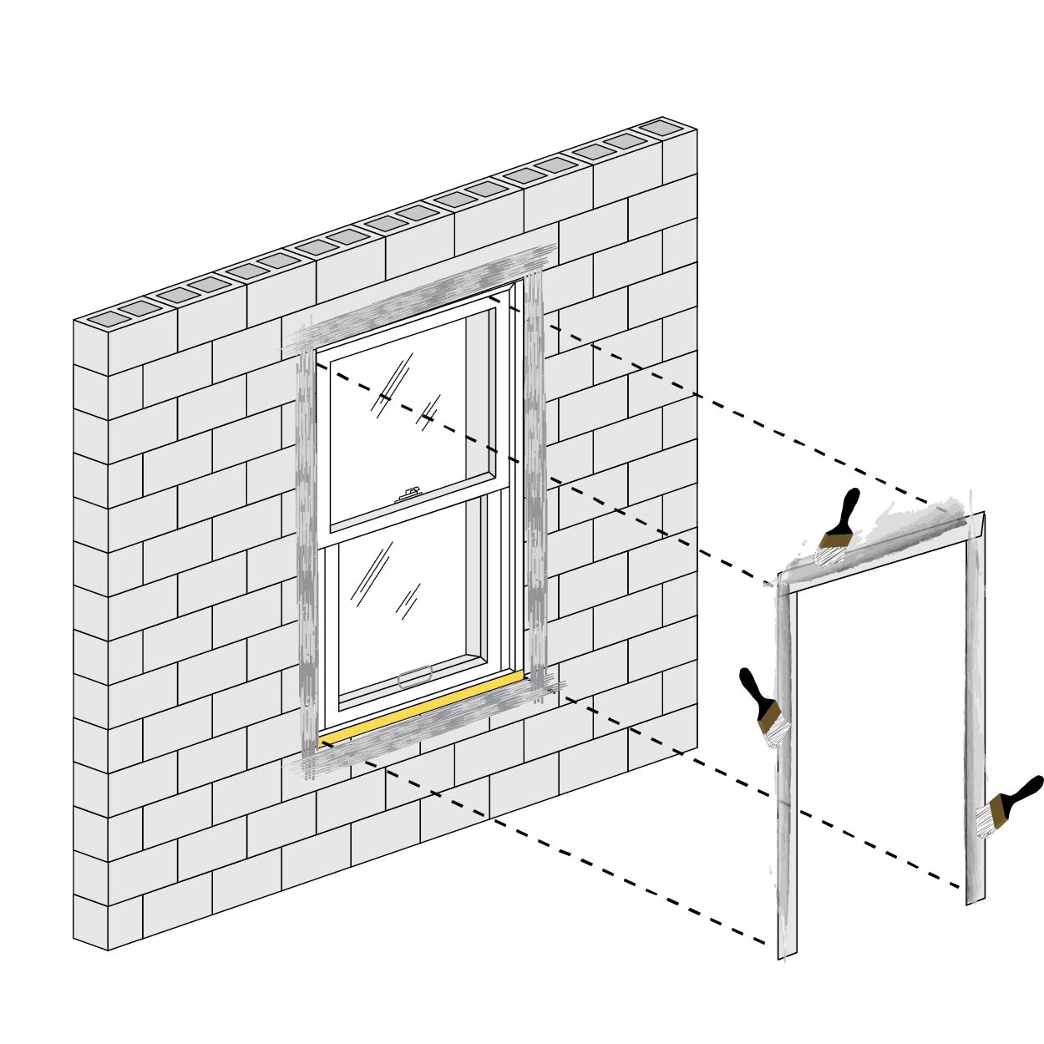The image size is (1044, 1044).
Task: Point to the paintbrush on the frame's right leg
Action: (x=1006, y=807)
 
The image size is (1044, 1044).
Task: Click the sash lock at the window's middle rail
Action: (x=408, y=495)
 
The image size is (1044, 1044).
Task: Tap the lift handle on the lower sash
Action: (x=415, y=677)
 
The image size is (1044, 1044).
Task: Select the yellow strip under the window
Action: (x=422, y=707)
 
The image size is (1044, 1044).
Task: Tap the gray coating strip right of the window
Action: (x=534, y=468)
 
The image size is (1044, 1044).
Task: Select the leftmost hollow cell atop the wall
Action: (x=104, y=319)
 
